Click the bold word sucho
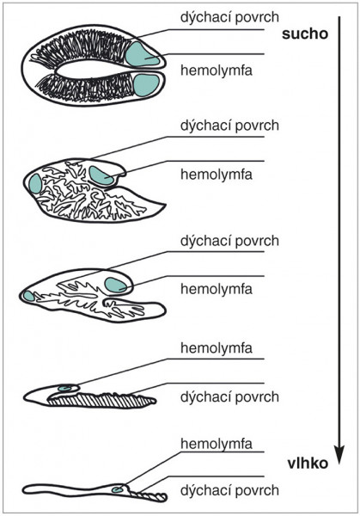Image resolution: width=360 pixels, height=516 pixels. pyautogui.click(x=305, y=34)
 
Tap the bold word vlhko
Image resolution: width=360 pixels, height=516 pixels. pyautogui.click(x=308, y=464)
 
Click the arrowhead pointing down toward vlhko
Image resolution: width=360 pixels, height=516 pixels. pyautogui.click(x=339, y=454)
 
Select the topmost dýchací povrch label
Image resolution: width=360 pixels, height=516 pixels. pyautogui.click(x=229, y=17)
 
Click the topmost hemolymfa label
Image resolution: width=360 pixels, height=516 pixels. pyautogui.click(x=217, y=71)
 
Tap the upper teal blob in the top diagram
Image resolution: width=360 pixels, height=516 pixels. pyautogui.click(x=142, y=54)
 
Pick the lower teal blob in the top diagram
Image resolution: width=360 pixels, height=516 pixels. pyautogui.click(x=146, y=85)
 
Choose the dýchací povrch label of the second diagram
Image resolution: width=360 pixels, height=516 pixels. pyautogui.click(x=229, y=126)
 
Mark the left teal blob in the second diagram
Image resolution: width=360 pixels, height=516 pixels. pyautogui.click(x=35, y=183)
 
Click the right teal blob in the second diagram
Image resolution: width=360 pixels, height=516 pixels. pyautogui.click(x=101, y=175)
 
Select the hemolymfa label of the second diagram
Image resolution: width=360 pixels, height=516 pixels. pyautogui.click(x=217, y=174)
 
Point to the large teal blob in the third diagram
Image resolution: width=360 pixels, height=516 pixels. pyautogui.click(x=115, y=285)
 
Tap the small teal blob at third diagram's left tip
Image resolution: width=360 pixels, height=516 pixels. pyautogui.click(x=28, y=296)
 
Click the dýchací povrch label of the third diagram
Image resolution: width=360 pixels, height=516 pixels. pyautogui.click(x=229, y=241)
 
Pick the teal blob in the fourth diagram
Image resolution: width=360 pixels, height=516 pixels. pyautogui.click(x=66, y=389)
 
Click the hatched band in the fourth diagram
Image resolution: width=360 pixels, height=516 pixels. pyautogui.click(x=102, y=401)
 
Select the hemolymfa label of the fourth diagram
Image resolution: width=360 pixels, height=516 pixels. pyautogui.click(x=217, y=347)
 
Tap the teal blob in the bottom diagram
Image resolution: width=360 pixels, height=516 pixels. pyautogui.click(x=117, y=489)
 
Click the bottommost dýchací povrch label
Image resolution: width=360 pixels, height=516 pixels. pyautogui.click(x=229, y=490)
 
